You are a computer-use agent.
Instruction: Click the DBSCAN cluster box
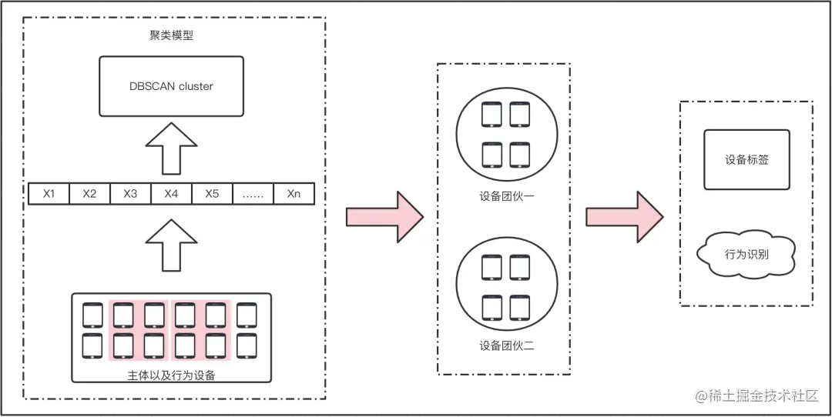(171, 86)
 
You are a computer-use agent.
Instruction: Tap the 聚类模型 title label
(171, 35)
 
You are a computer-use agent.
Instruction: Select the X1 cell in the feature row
(49, 193)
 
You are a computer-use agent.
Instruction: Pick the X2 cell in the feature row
(89, 193)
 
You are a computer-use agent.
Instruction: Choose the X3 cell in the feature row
(130, 193)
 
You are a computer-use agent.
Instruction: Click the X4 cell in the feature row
(171, 193)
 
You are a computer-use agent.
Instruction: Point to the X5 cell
(212, 193)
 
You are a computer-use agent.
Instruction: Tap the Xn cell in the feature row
(294, 193)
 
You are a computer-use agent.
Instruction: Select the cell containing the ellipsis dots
(253, 193)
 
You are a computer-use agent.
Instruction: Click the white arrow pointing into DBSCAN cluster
(171, 149)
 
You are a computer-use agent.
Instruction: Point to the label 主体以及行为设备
(171, 375)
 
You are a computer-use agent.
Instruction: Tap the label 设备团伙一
(506, 196)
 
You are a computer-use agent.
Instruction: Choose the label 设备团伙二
(506, 346)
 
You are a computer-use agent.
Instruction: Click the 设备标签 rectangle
(746, 160)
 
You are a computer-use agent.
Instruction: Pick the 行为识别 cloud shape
(746, 252)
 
